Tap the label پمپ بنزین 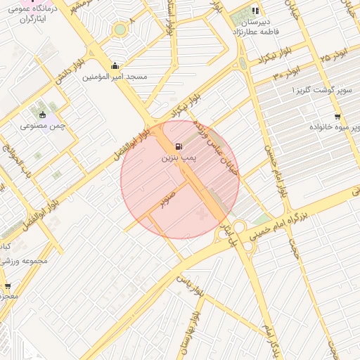pyautogui.click(x=177, y=160)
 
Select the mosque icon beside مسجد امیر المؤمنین pyautogui.click(x=115, y=66)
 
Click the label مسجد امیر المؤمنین pyautogui.click(x=115, y=77)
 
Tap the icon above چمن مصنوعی pyautogui.click(x=43, y=115)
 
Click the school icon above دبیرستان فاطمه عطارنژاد pyautogui.click(x=255, y=11)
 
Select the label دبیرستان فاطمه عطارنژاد pyautogui.click(x=256, y=27)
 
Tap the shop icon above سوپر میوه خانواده pyautogui.click(x=337, y=117)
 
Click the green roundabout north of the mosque pyautogui.click(x=120, y=30)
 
